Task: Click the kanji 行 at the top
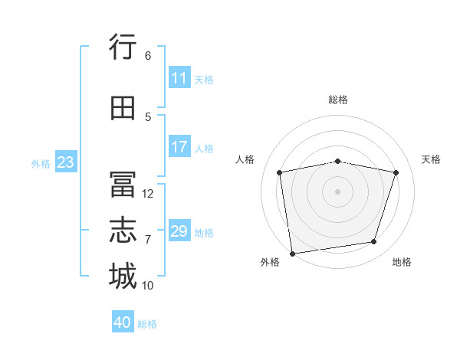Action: coord(123,46)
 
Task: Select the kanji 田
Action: coord(123,108)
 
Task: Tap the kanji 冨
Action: coord(123,184)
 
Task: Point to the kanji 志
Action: coord(123,230)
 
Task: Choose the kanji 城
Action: coord(123,276)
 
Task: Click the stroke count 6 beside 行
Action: coord(148,56)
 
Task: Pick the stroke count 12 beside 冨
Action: coord(147,194)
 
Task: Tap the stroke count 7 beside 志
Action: coord(148,240)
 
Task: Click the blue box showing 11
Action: coord(180,77)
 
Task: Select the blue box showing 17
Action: coord(180,146)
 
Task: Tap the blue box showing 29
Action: coord(180,230)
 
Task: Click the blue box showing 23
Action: coord(66,162)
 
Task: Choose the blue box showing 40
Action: coord(123,321)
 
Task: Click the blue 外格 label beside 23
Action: coord(41,164)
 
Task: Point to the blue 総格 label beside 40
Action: coord(147,324)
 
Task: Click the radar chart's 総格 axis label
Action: coord(338,100)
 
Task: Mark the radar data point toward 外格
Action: coord(292,254)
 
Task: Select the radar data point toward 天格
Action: coord(396,172)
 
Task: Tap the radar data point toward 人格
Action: coord(280,172)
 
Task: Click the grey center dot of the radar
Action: coord(337,191)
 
